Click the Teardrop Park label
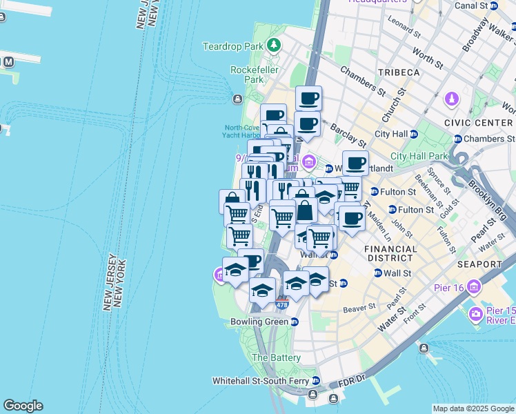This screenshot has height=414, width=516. pyautogui.click(x=234, y=46)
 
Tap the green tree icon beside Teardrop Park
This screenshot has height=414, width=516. pyautogui.click(x=275, y=46)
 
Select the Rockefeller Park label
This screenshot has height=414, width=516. pyautogui.click(x=248, y=75)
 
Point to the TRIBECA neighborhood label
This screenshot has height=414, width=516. pyautogui.click(x=399, y=72)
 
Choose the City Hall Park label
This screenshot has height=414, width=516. pyautogui.click(x=417, y=156)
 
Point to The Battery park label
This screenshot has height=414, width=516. pyautogui.click(x=276, y=358)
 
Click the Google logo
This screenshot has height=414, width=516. pyautogui.click(x=23, y=406)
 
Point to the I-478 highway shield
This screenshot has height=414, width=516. pyautogui.click(x=281, y=304)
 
